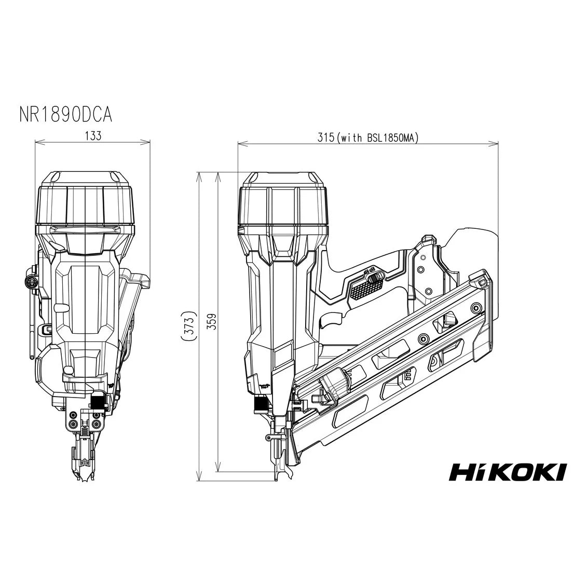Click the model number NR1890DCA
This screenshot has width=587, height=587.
tap(65, 114)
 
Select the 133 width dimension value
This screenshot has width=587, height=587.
tap(93, 136)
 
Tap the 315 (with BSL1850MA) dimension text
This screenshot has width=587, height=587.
tap(368, 137)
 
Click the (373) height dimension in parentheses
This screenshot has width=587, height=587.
tap(190, 325)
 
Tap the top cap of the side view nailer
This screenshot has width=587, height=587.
tap(283, 200)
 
